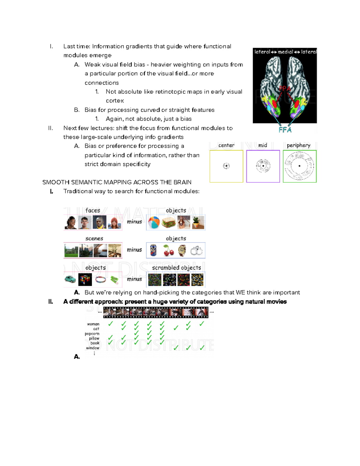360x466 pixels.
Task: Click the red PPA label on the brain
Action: (285, 89)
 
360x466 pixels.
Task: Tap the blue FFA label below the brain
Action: (285, 130)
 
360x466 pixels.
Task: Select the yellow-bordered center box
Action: (226, 166)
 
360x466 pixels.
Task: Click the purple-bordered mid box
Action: (263, 166)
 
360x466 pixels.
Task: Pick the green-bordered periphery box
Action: (300, 166)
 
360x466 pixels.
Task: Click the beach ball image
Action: (154, 223)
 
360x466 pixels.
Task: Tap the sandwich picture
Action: (169, 223)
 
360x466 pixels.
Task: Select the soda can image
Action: (153, 251)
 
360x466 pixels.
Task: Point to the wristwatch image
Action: (182, 251)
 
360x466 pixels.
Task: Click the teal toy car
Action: (70, 279)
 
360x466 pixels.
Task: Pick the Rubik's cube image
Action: (85, 280)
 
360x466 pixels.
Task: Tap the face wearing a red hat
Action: (114, 223)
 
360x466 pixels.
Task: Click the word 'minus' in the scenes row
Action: (134, 250)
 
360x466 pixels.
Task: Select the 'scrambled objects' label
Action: (176, 268)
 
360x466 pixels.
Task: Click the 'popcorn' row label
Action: (92, 334)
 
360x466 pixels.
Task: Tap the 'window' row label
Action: (92, 348)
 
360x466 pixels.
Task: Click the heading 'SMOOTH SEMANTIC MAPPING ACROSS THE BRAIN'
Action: (117, 182)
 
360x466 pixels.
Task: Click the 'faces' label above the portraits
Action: (92, 210)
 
